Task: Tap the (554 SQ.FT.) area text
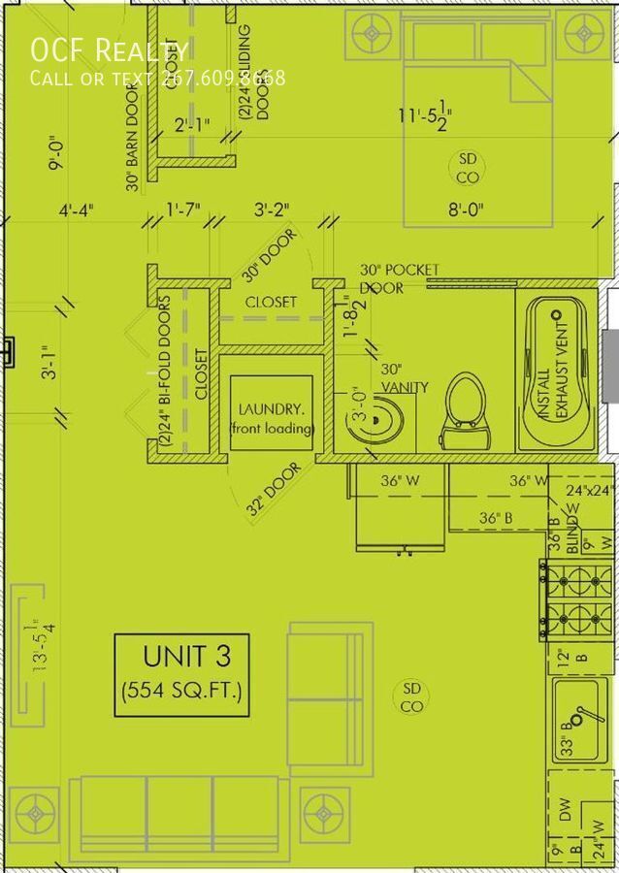181,692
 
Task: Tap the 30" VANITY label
404,378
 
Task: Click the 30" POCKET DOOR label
399,278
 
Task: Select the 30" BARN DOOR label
133,146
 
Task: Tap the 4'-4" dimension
76,210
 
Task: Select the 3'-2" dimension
272,210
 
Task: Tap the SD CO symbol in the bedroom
468,168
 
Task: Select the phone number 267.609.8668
222,78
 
